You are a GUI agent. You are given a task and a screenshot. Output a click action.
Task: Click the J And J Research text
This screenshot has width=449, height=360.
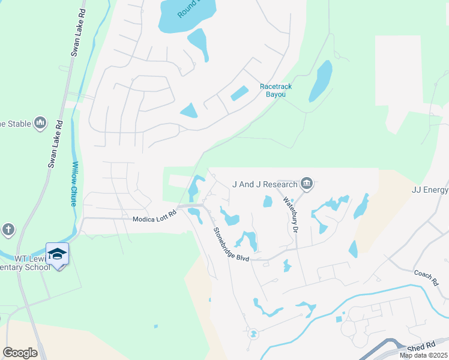[265, 184]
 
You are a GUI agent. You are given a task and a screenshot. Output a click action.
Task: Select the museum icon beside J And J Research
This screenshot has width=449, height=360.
[307, 183]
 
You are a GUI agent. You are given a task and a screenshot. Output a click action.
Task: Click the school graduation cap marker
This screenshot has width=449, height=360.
[58, 254]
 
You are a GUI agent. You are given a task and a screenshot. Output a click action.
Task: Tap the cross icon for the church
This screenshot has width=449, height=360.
[8, 230]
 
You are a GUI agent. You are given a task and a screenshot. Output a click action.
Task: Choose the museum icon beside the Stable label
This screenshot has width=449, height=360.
[40, 124]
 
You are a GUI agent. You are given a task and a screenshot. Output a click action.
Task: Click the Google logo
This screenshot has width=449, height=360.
[20, 353]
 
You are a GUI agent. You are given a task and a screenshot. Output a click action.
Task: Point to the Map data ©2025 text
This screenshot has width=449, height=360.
[423, 355]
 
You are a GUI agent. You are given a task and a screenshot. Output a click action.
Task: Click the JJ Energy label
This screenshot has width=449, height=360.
[430, 190]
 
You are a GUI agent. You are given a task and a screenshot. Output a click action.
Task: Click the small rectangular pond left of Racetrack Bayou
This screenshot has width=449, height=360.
[239, 94]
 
